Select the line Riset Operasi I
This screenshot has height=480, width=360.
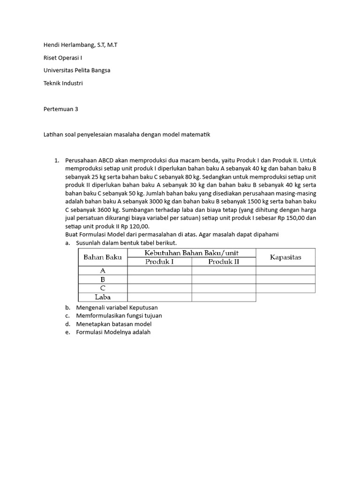point(62,58)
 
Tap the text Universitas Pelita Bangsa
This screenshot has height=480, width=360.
point(76,70)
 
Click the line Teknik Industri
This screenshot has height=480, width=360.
point(63,83)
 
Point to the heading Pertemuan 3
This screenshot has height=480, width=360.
point(60,109)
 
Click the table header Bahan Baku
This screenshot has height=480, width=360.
point(102,257)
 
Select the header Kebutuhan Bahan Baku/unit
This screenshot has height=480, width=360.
point(191,253)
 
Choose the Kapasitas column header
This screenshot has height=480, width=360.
point(285,257)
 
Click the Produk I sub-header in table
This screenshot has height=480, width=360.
point(159,262)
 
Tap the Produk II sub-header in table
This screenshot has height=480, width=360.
point(224,262)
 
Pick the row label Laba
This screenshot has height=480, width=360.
point(102,297)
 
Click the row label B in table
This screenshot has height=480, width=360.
point(102,279)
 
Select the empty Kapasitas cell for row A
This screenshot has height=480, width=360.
point(285,270)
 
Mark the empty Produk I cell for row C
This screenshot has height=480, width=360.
point(159,288)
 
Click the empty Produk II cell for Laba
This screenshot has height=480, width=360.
point(224,297)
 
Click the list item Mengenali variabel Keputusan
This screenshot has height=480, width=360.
point(120,307)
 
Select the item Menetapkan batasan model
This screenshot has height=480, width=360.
point(113,324)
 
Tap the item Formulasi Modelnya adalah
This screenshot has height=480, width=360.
point(113,332)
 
